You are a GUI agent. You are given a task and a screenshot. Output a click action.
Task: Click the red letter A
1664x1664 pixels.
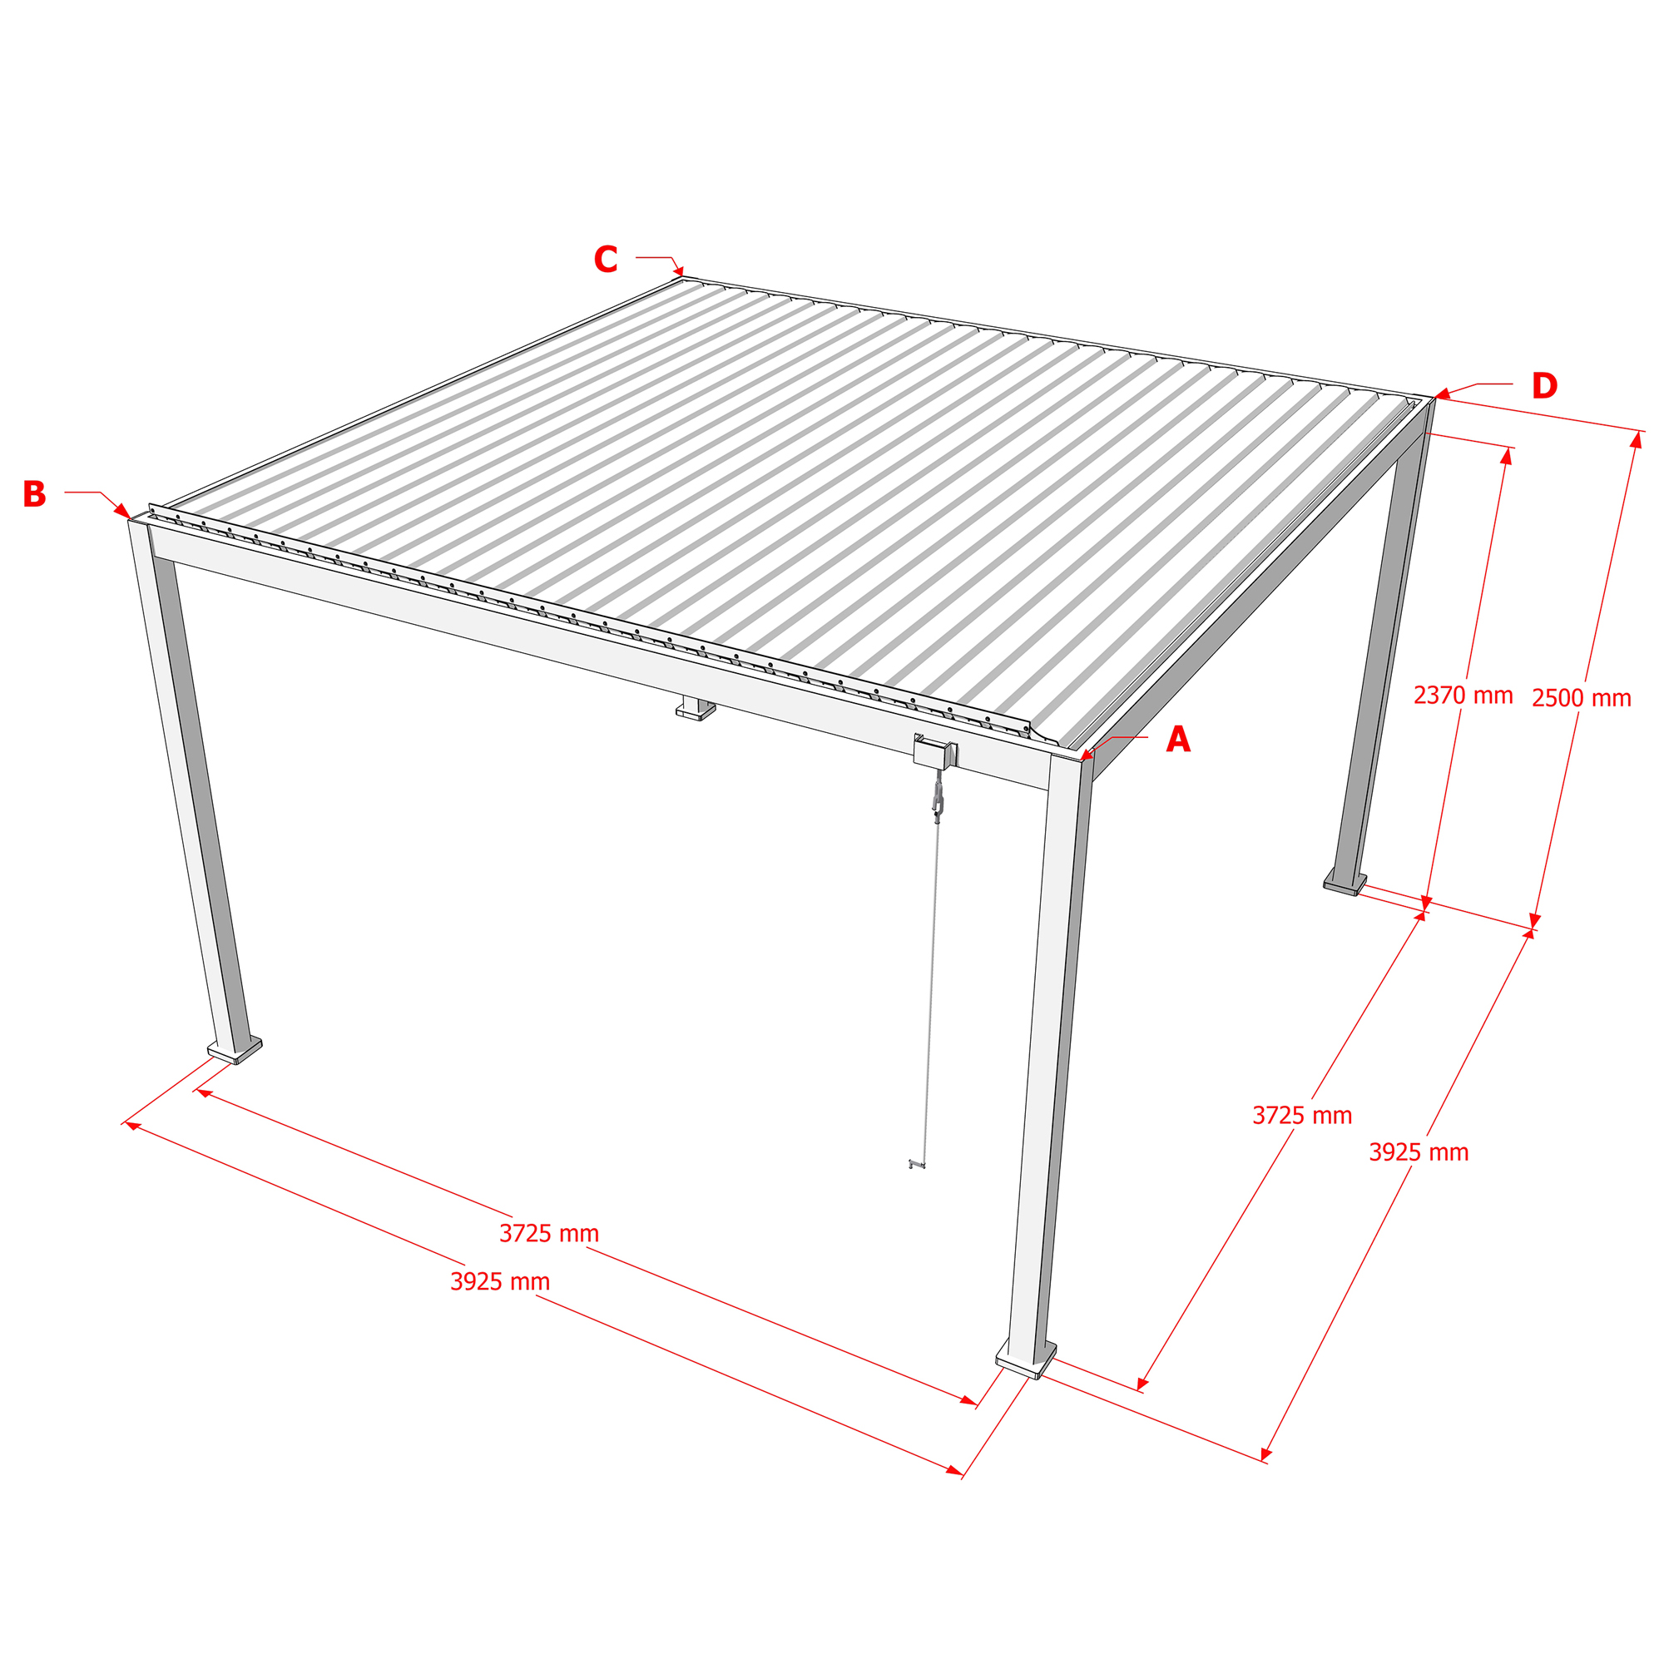click(1177, 740)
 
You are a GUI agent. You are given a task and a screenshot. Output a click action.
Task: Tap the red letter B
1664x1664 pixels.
click(33, 494)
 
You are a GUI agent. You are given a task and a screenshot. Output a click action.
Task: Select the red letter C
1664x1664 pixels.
click(606, 260)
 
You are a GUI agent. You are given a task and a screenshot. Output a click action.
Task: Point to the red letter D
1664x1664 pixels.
click(1543, 386)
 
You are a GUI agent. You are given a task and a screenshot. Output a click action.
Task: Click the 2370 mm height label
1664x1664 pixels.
click(1463, 695)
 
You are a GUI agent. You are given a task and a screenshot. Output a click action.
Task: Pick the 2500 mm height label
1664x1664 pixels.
click(1582, 698)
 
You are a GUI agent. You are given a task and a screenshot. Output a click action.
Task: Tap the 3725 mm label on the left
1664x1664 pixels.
click(548, 1234)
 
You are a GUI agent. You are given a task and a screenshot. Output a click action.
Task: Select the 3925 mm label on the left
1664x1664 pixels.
click(499, 1282)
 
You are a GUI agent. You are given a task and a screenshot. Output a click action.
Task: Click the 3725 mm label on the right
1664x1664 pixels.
click(1301, 1117)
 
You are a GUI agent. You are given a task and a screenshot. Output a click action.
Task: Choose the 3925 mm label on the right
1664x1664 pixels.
click(1419, 1152)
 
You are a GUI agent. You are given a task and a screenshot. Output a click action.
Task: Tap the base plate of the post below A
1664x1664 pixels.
click(1026, 1359)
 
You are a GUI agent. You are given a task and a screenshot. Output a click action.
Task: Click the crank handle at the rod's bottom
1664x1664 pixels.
click(916, 1166)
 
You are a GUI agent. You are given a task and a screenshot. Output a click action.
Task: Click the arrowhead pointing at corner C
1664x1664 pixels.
click(679, 270)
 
